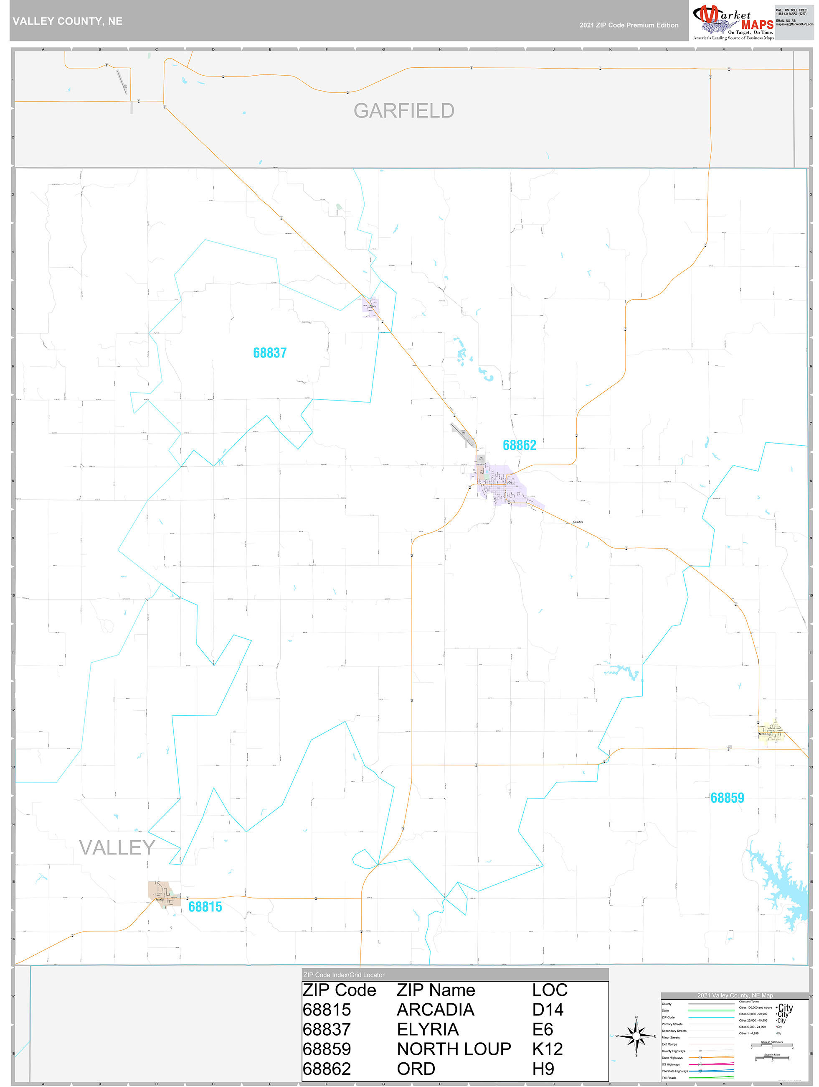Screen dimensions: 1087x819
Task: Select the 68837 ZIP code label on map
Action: click(x=269, y=353)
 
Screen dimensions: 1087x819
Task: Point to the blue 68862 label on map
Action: click(x=519, y=445)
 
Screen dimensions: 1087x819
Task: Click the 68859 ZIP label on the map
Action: click(x=727, y=798)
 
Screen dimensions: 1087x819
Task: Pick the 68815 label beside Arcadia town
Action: click(x=205, y=907)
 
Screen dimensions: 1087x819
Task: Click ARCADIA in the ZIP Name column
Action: click(x=435, y=1010)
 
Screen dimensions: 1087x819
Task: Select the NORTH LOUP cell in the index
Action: click(x=454, y=1049)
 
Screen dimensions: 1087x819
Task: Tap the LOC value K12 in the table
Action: click(x=547, y=1049)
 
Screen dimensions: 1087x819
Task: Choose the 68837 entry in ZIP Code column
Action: click(x=327, y=1029)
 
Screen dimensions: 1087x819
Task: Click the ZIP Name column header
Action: click(x=436, y=990)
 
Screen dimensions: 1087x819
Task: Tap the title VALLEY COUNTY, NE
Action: click(x=67, y=21)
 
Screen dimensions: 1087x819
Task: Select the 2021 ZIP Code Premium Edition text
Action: click(x=629, y=25)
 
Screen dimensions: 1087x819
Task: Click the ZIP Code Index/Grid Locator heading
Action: click(x=344, y=975)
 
